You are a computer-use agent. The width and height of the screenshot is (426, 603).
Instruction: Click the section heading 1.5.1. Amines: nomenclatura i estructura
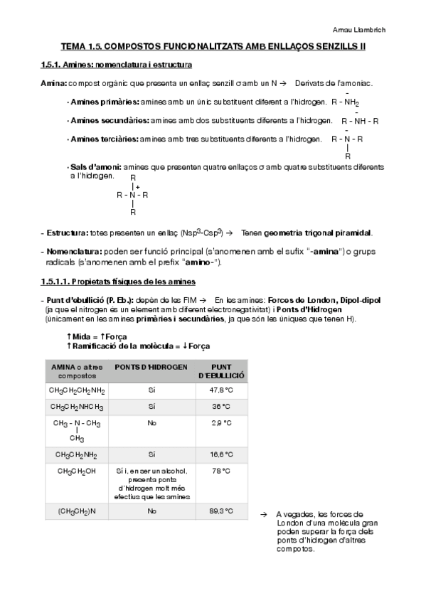click(x=116, y=65)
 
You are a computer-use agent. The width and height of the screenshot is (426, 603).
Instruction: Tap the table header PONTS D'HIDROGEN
click(x=151, y=368)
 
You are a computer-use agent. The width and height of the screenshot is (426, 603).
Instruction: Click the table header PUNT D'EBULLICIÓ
click(x=221, y=371)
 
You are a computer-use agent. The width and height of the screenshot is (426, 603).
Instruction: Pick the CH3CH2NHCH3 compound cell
click(x=76, y=407)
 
